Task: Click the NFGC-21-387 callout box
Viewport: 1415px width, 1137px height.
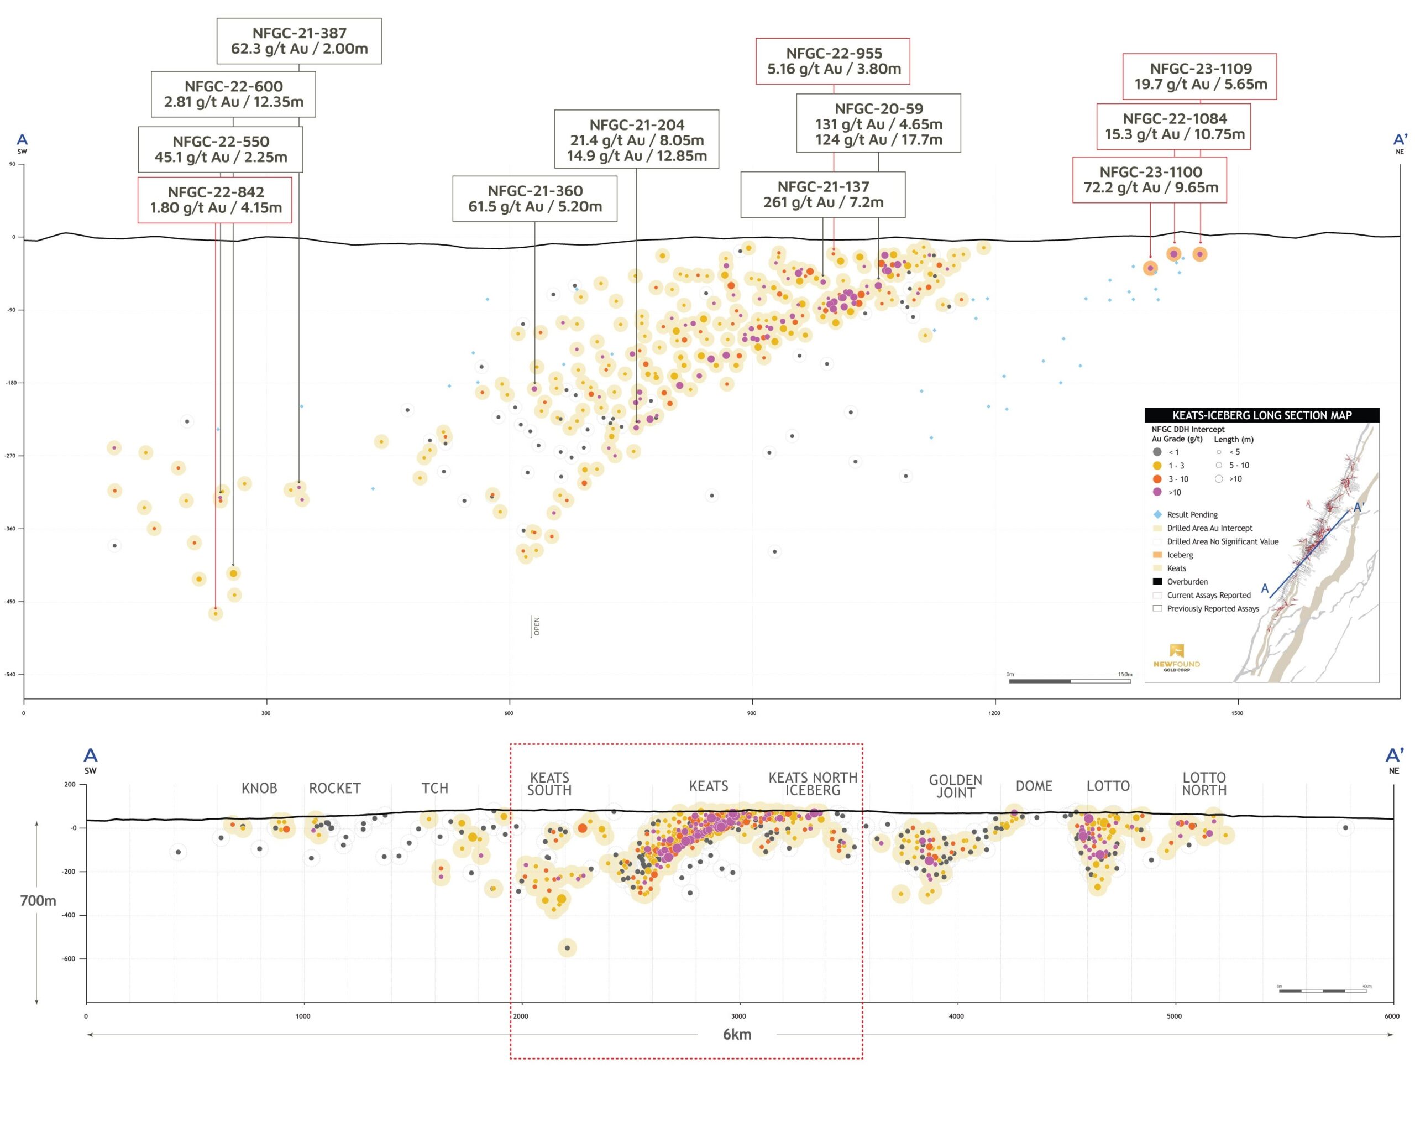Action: coord(298,41)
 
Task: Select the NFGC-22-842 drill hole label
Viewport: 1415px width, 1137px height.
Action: coord(215,200)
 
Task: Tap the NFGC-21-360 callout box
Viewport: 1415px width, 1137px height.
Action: coord(535,198)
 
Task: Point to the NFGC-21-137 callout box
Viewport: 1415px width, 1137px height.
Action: coord(823,194)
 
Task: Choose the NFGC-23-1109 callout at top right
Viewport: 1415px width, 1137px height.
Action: coord(1200,76)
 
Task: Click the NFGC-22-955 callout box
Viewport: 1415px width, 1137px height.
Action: coord(834,61)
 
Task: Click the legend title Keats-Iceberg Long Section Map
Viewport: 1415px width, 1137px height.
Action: coord(1261,415)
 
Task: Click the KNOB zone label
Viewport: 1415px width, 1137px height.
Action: coord(259,787)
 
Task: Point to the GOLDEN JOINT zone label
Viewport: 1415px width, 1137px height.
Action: coord(956,786)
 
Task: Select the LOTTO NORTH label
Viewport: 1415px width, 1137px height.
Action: coord(1204,784)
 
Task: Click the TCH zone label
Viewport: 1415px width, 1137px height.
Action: coord(434,787)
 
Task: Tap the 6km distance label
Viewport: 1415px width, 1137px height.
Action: coord(737,1035)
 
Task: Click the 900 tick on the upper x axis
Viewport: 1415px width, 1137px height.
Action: coord(752,713)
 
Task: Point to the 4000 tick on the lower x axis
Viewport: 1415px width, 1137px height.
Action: coord(956,1016)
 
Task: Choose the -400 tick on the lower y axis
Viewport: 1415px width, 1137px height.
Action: coord(69,915)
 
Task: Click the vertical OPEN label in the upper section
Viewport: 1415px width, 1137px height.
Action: coord(536,626)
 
